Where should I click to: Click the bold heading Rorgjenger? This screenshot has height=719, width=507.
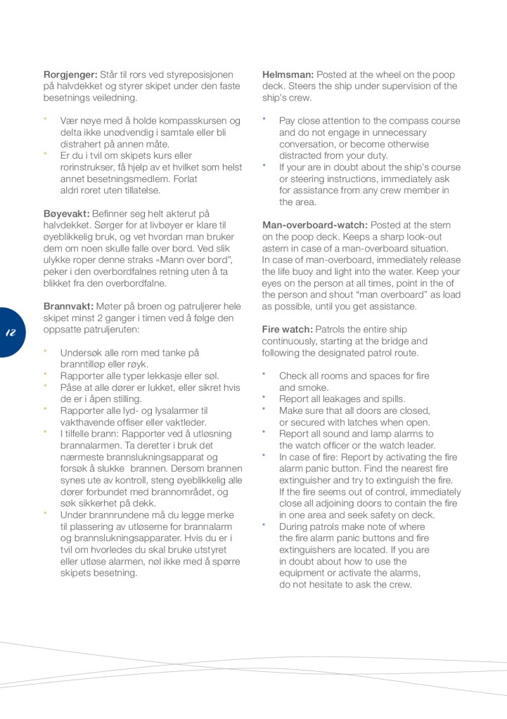(70, 75)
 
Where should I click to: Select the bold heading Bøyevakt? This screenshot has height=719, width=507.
(66, 214)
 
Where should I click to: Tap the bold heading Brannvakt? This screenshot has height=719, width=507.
(68, 306)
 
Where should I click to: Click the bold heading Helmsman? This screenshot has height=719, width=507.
(288, 75)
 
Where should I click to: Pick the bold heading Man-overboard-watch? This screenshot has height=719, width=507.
(314, 225)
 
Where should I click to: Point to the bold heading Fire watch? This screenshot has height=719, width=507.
(288, 330)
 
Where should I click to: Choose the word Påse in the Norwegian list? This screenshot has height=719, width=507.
(72, 387)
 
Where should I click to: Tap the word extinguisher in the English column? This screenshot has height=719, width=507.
(306, 480)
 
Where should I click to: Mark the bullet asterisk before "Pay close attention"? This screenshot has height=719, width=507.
(264, 120)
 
